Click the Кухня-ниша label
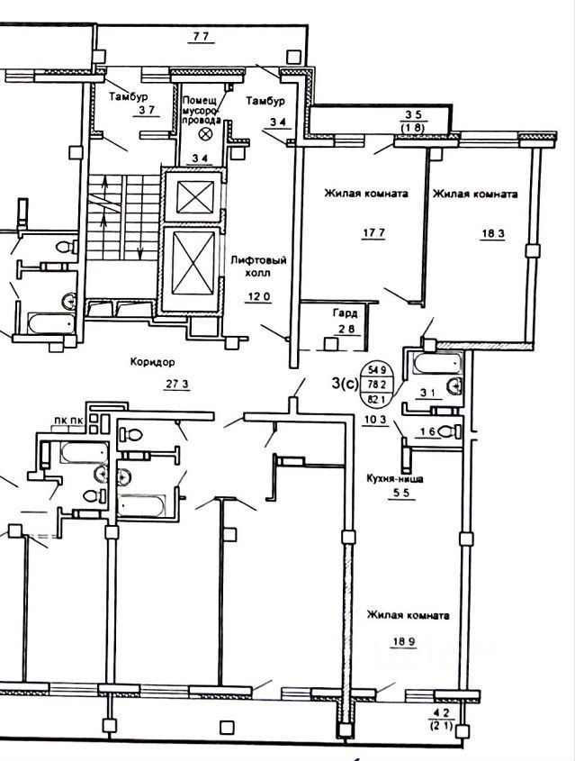point(394,479)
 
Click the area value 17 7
point(346,237)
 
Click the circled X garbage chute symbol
point(205,134)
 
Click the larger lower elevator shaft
point(193,263)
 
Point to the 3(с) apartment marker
point(343,384)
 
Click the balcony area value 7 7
point(200,37)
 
